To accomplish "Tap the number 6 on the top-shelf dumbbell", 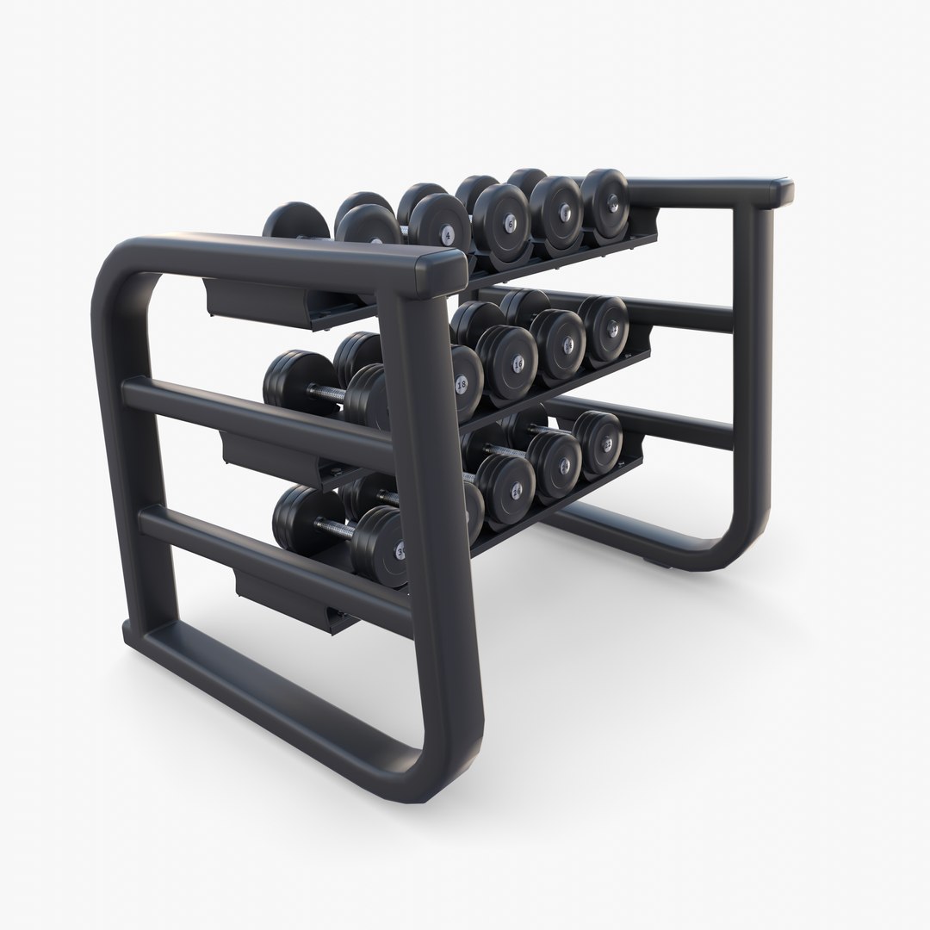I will point(510,222).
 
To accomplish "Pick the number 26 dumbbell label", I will point(517,491).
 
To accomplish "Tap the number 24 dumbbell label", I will point(565,466).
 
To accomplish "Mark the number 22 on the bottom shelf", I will point(609,444).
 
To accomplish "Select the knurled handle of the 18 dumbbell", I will point(325,394).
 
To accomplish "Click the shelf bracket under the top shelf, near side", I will point(258,301).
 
